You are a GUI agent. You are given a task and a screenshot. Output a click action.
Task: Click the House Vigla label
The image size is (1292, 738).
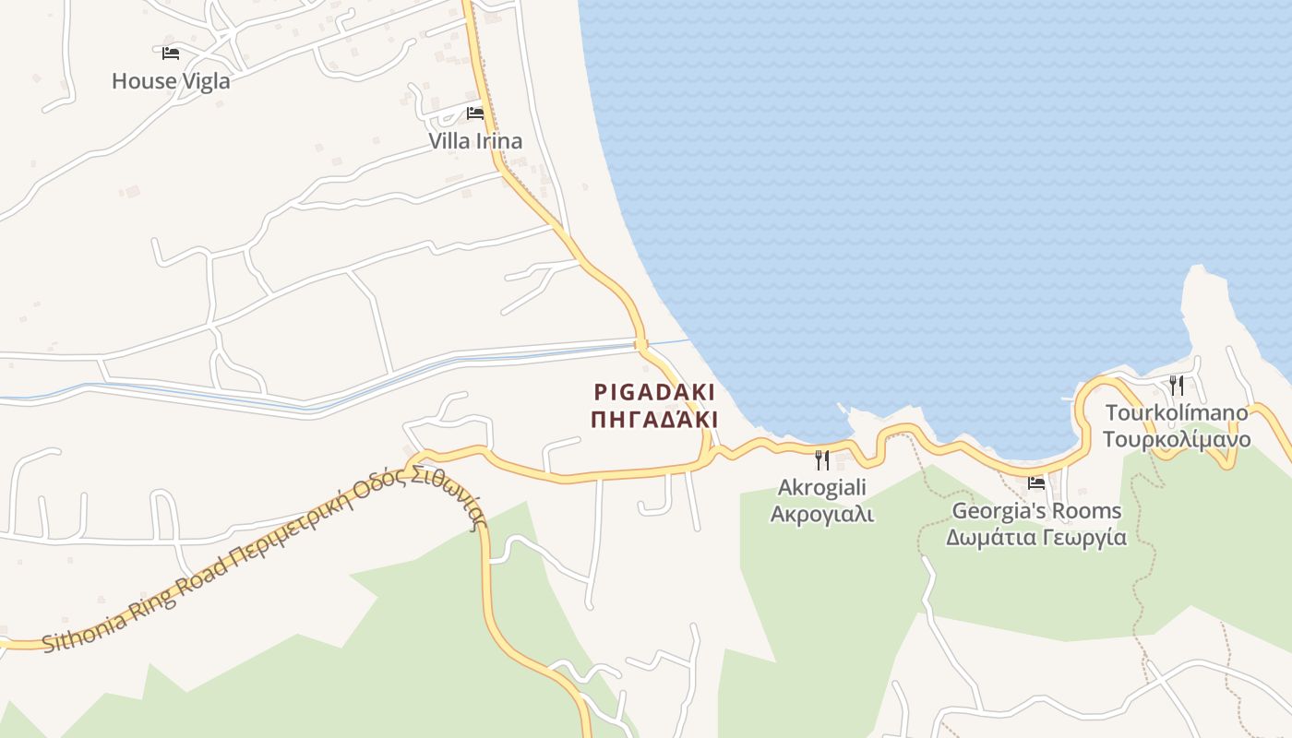[171, 81]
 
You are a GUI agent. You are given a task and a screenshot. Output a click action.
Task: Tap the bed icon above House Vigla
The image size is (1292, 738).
[171, 54]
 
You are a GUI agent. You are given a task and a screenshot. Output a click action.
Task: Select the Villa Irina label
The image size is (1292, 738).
[475, 141]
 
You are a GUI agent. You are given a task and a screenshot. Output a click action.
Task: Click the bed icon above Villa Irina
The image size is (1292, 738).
[475, 113]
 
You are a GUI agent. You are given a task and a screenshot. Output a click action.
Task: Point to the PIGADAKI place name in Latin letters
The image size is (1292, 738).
[653, 392]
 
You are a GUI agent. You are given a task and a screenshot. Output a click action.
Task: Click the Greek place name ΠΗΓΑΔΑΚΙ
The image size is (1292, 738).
[653, 420]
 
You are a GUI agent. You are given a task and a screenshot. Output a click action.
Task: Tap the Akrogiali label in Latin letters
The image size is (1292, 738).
[822, 486]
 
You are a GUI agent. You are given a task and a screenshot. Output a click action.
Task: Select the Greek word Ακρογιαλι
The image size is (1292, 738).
[822, 514]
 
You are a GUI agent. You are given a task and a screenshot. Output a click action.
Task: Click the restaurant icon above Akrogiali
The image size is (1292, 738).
[822, 458]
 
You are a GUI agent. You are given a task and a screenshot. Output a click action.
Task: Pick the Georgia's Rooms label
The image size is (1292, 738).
[1036, 510]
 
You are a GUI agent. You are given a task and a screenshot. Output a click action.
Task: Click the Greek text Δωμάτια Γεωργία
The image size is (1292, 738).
[1036, 537]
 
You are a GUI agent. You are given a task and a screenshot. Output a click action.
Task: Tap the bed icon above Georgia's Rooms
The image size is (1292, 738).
[1036, 482]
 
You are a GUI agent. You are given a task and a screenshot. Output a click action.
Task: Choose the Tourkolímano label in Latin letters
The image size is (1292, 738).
[1177, 412]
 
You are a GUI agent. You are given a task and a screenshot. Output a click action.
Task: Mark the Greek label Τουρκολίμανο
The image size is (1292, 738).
[1177, 439]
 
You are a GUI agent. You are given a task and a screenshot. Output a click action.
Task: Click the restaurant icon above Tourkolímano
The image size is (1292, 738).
[1177, 385]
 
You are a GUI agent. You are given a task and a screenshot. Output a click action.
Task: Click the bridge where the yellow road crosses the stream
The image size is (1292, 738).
[641, 345]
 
